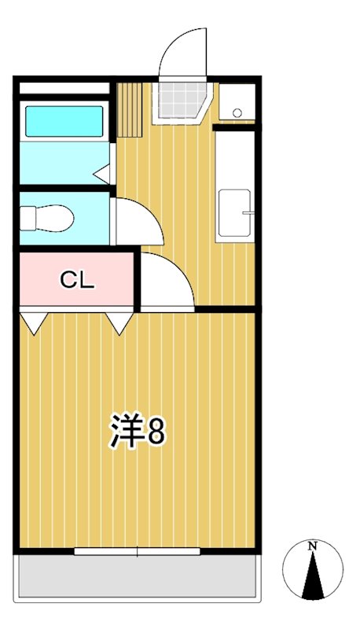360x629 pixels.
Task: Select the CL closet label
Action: point(78,281)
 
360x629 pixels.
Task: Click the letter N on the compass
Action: point(312,545)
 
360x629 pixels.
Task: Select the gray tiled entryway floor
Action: point(182,101)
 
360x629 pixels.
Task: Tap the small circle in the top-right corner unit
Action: point(238,109)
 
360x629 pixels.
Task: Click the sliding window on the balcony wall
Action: point(138,551)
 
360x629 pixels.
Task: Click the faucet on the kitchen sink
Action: point(248,212)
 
